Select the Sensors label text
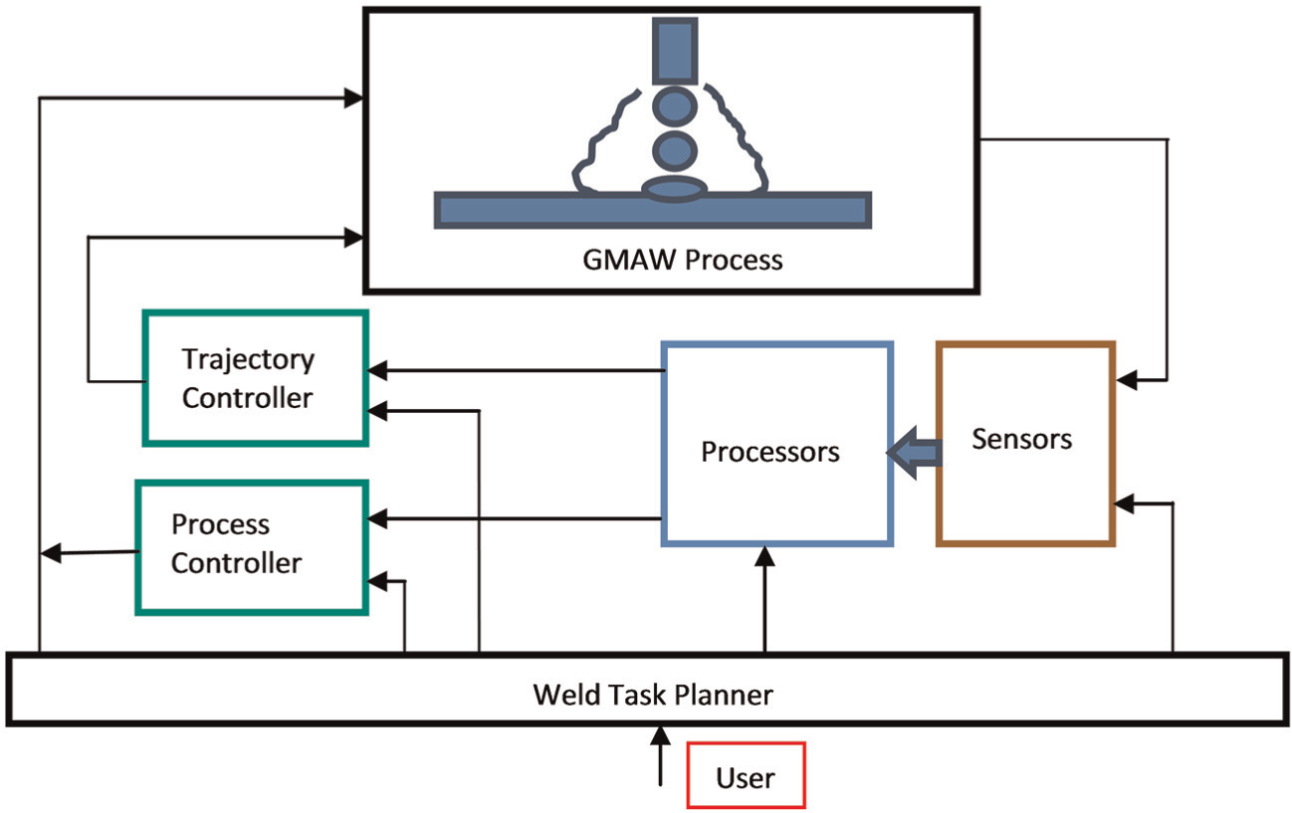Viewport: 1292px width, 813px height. tap(1021, 440)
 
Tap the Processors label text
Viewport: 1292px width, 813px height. tap(770, 452)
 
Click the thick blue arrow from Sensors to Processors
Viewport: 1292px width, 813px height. tap(914, 453)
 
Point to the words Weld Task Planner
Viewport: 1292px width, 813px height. tap(652, 695)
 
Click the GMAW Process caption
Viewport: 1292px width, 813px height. tap(683, 260)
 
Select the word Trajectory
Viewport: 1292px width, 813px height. tap(248, 360)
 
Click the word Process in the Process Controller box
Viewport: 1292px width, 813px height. tap(220, 524)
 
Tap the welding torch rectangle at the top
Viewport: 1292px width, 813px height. tap(675, 52)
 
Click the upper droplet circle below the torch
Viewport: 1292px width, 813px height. tap(674, 106)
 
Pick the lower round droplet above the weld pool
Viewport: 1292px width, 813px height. tap(674, 151)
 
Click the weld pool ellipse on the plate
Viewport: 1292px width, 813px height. tap(674, 189)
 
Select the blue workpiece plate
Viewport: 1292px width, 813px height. tap(652, 210)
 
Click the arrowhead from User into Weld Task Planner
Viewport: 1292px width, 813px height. tap(660, 735)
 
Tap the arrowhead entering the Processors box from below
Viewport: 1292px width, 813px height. tap(764, 556)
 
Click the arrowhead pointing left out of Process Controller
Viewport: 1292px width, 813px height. tap(51, 553)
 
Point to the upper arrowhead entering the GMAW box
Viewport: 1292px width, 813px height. tap(353, 99)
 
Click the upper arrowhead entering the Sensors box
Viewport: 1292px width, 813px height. tap(1127, 380)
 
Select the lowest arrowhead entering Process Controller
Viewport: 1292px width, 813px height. tap(377, 581)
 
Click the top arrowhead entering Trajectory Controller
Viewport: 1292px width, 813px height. tap(377, 370)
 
